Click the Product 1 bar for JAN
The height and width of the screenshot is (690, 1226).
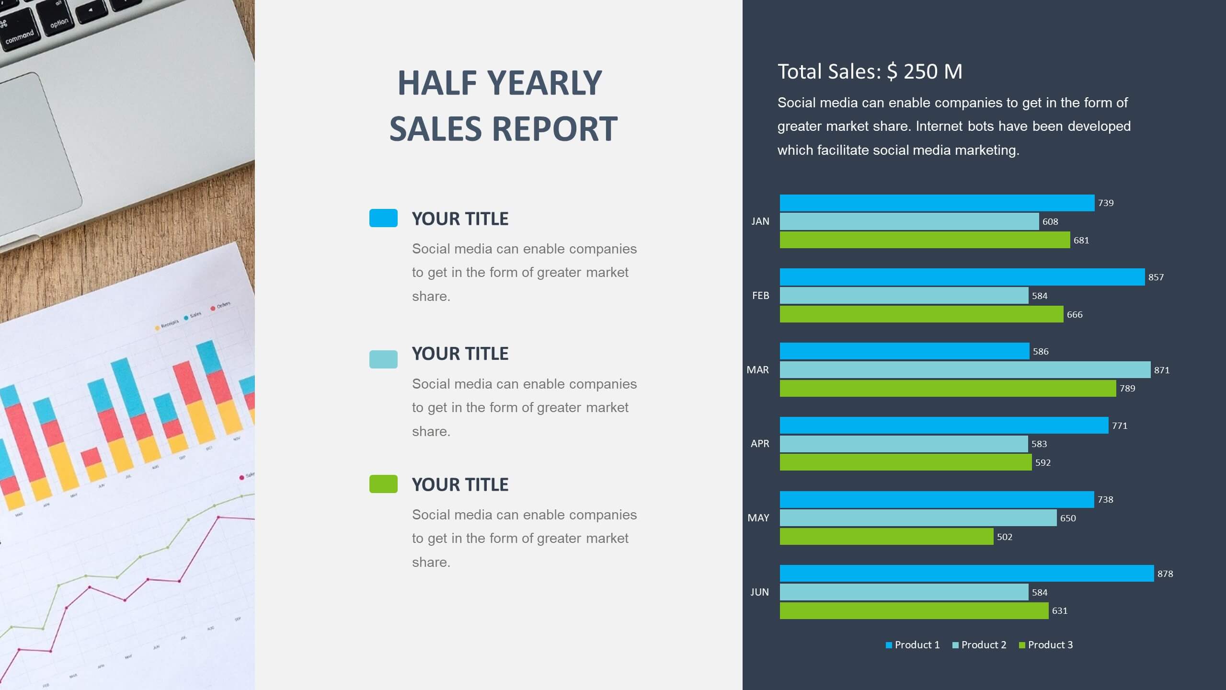coord(937,203)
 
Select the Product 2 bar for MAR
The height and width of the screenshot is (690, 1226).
coord(965,369)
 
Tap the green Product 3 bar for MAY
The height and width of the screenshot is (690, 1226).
coord(886,536)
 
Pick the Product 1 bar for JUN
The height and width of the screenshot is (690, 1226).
coord(966,573)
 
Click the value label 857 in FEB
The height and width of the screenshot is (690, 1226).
coord(1156,277)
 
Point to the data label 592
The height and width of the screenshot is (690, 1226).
coord(1043,462)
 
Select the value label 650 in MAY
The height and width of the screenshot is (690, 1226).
coord(1067,518)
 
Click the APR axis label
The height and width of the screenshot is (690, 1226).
coord(760,444)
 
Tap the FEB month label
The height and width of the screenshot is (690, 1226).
coord(760,296)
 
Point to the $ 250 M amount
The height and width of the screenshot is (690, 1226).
coord(924,71)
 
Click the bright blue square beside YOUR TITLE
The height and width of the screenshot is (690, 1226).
coord(383,218)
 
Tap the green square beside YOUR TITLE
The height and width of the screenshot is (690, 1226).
coord(383,484)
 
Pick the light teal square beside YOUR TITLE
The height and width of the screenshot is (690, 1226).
coord(383,359)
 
